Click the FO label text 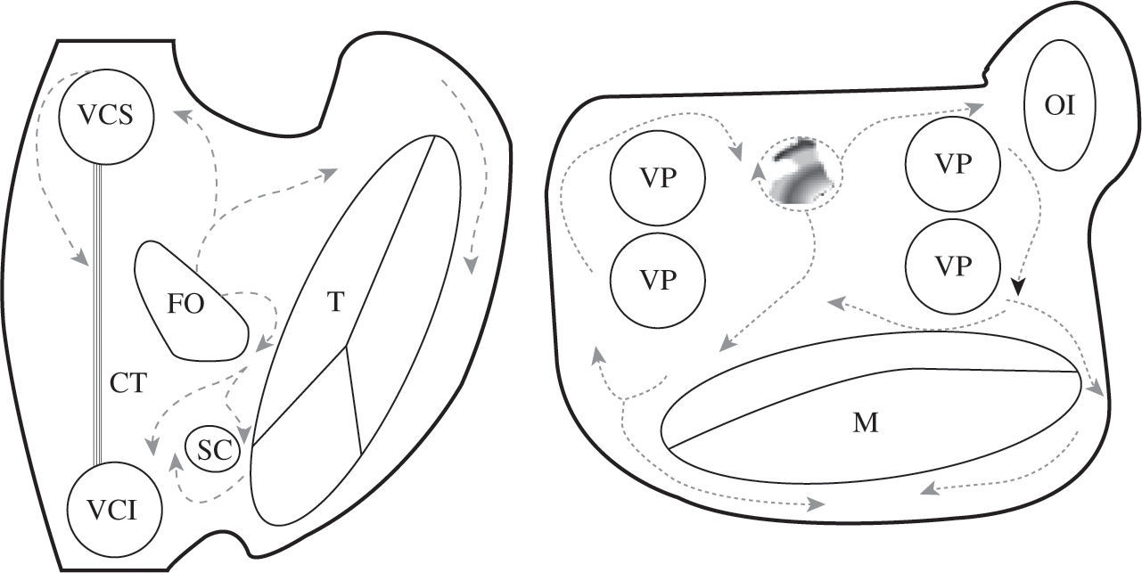point(185,305)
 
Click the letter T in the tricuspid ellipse point(334,303)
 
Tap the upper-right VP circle point(952,165)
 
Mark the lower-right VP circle point(952,266)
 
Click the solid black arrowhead point(1017,287)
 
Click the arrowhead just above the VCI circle point(150,442)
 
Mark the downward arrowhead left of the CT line point(80,258)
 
